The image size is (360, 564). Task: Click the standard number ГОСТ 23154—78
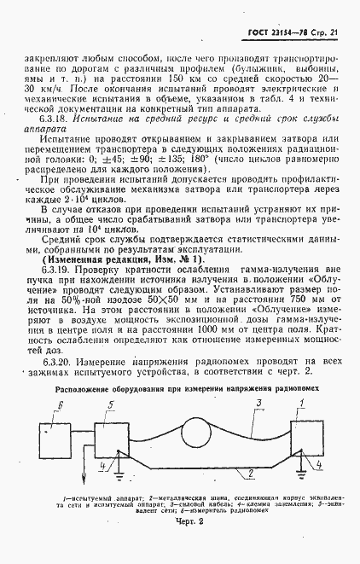click(x=263, y=32)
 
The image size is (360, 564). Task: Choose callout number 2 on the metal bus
click(x=248, y=471)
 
